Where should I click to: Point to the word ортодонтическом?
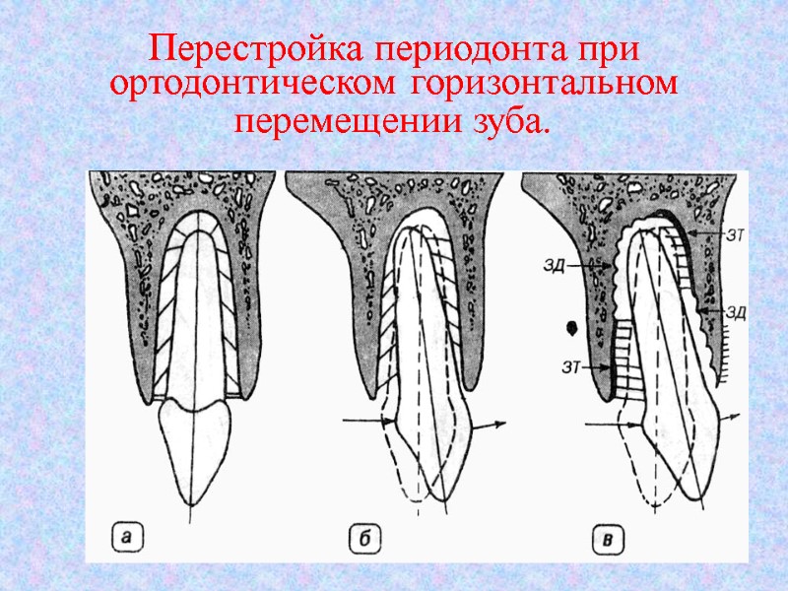pos(252,85)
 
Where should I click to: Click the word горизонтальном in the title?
pos(545,85)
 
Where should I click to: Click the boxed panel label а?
pos(126,537)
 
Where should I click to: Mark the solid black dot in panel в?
pos(571,326)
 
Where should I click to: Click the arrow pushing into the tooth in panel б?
pos(366,423)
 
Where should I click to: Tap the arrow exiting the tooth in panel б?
pos(489,426)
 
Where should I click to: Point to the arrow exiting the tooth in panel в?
pos(733,418)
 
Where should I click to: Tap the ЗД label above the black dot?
pos(554,264)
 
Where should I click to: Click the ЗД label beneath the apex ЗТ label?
pos(736,312)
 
